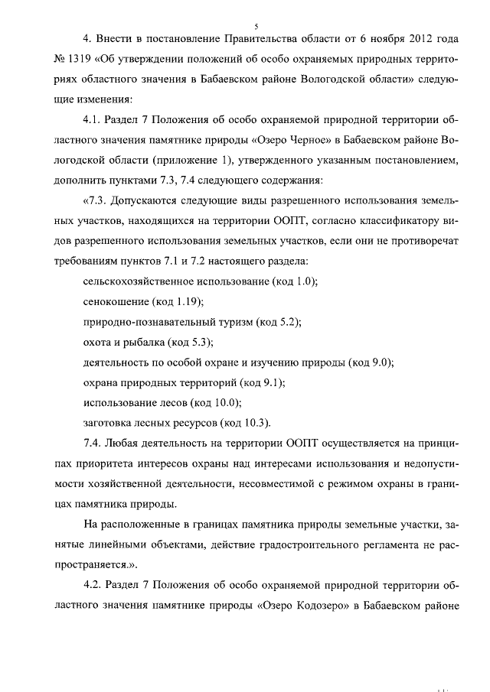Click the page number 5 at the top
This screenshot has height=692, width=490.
245,25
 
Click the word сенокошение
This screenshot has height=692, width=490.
116,303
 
